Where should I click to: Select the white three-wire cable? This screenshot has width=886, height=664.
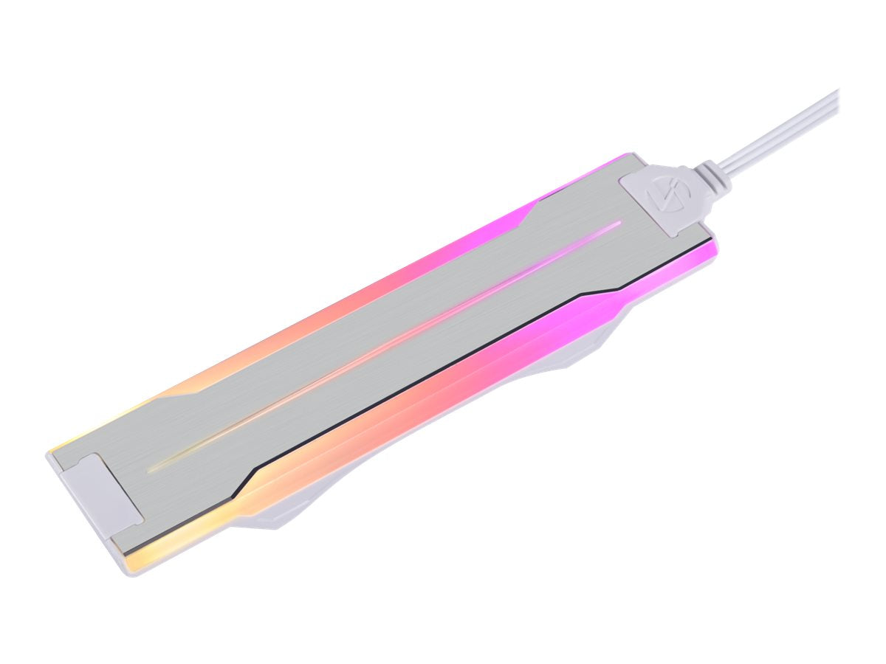coord(783,129)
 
